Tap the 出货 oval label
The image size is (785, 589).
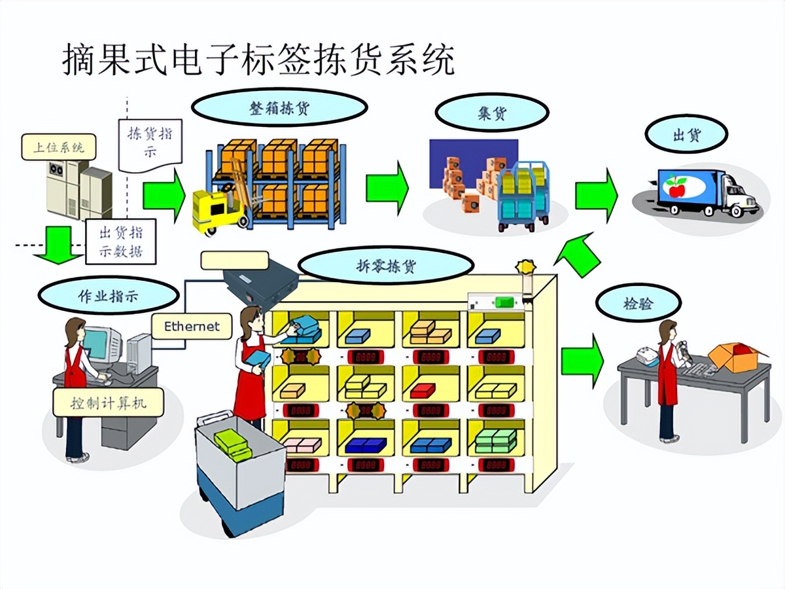tap(686, 135)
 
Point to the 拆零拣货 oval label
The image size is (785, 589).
tap(386, 266)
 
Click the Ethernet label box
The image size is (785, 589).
tap(192, 325)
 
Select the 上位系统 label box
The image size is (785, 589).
tap(59, 147)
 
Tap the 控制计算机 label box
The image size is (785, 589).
tap(109, 402)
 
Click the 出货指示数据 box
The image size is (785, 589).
tap(120, 241)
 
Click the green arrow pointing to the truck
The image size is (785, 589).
tap(596, 194)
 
